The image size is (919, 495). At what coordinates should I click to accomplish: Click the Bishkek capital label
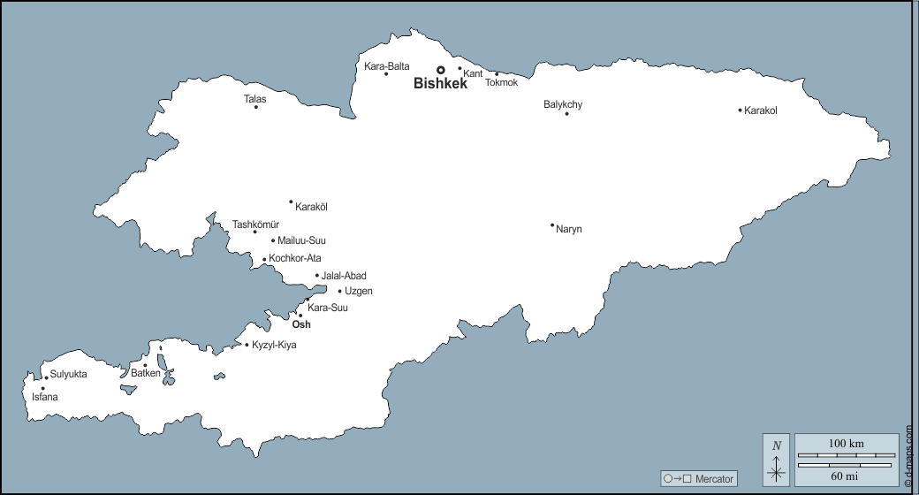440,84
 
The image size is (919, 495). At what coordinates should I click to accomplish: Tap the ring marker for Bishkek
440,70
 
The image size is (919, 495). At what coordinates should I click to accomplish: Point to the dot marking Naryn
552,225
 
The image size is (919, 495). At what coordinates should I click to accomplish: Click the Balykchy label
563,104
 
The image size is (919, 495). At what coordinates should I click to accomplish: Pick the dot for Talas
256,107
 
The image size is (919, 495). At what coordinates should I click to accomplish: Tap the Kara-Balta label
387,65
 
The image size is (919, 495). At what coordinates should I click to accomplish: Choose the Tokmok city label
502,82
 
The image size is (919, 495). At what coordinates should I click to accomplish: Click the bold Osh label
301,324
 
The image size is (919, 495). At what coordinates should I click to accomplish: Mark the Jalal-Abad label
344,276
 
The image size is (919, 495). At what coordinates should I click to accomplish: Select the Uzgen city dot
339,291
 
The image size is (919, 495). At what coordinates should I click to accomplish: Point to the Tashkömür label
255,224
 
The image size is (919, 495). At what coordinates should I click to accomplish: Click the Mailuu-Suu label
301,240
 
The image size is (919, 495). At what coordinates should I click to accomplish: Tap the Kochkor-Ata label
295,258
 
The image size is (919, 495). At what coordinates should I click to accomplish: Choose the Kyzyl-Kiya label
274,345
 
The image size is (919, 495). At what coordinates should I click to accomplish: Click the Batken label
146,374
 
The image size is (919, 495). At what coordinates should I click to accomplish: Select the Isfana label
44,397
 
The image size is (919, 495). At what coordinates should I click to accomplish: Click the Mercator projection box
699,478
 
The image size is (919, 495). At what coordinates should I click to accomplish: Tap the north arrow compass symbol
777,460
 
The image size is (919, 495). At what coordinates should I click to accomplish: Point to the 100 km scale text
846,443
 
